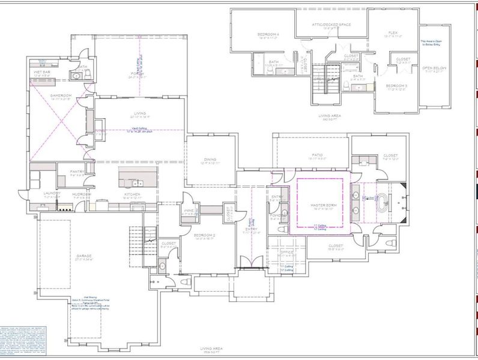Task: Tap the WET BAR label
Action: click(42, 71)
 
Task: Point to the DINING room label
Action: click(208, 159)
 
